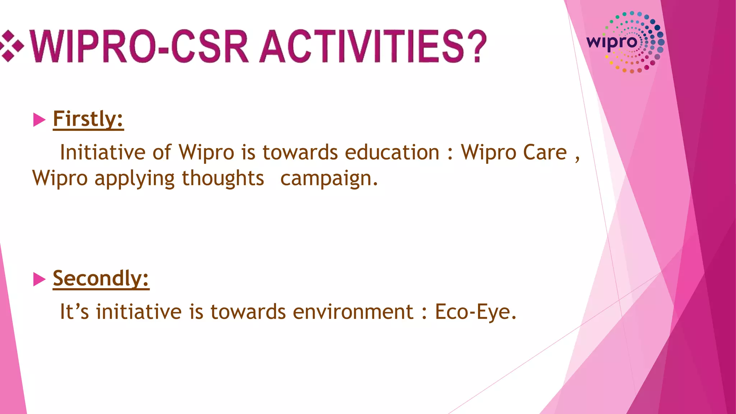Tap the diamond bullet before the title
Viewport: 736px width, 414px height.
tap(11, 46)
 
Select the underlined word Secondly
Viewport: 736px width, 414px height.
tap(101, 278)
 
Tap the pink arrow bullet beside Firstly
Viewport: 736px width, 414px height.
tap(39, 120)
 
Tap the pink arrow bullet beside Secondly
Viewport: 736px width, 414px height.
tap(39, 279)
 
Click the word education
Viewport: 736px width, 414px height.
tap(392, 152)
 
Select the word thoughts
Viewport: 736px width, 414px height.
tap(223, 178)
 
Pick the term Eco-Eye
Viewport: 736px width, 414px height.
tap(475, 312)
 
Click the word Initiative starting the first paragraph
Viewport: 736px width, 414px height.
tap(102, 152)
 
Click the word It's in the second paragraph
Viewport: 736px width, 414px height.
tap(74, 312)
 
